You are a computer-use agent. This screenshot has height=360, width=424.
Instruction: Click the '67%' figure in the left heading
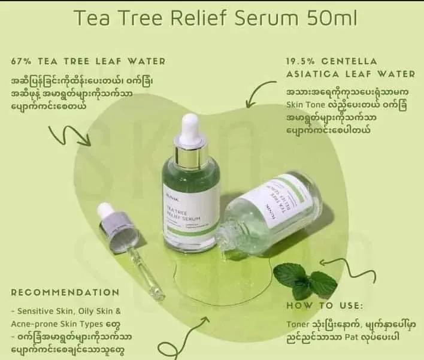pyautogui.click(x=21, y=61)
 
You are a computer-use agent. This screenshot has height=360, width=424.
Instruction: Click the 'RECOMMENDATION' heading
pyautogui.click(x=65, y=292)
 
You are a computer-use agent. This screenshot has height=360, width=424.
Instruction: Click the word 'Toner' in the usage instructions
pyautogui.click(x=297, y=325)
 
